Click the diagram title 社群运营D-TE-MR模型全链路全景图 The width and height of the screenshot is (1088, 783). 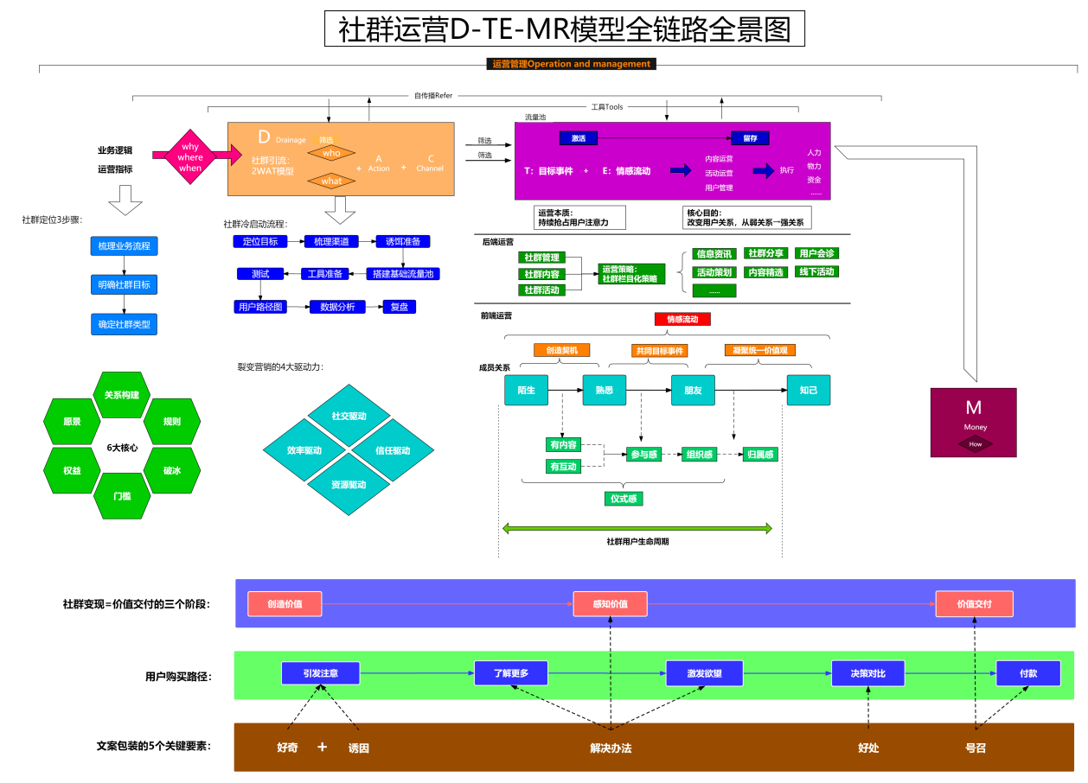tap(564, 29)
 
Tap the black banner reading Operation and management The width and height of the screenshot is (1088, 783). tap(571, 64)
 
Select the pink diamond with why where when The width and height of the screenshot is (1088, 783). tap(190, 157)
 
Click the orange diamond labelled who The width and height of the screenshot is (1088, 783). tap(332, 153)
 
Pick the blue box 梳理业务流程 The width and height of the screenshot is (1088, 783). tap(124, 246)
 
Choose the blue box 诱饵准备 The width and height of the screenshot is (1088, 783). tap(402, 242)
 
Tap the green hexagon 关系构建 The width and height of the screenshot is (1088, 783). tap(121, 395)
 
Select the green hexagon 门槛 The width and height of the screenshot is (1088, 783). tap(122, 496)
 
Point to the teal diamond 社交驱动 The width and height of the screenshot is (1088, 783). tap(349, 417)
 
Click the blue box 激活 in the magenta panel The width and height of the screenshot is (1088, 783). tap(579, 138)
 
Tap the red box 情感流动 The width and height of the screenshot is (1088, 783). tap(682, 319)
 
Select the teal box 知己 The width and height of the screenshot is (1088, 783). tap(808, 391)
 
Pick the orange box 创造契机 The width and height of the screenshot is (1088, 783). tap(561, 351)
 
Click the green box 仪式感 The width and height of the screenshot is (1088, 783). tap(624, 499)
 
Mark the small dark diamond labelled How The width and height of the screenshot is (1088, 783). tap(975, 444)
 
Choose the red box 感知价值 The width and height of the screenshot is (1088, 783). tap(610, 604)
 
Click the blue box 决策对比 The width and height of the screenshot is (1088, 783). tap(867, 673)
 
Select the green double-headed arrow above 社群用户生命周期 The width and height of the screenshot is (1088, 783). tap(637, 528)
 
